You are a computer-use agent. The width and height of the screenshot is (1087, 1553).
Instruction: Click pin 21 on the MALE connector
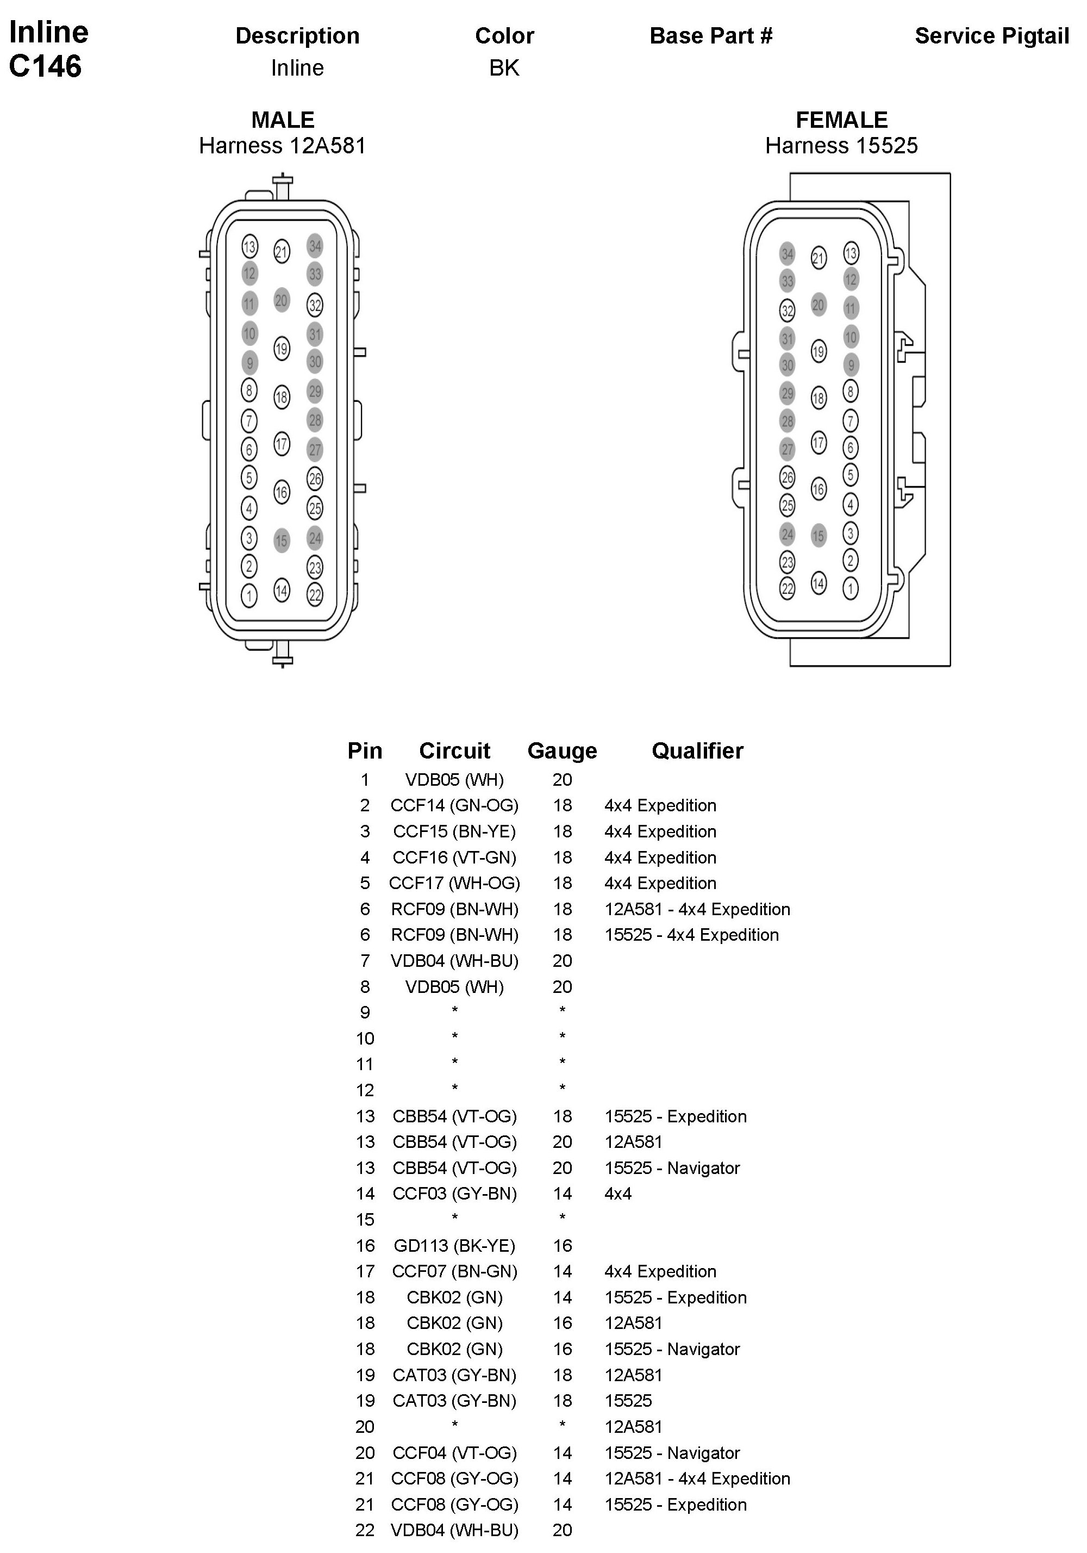(281, 252)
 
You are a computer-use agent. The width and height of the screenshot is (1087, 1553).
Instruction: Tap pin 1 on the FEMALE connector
(851, 588)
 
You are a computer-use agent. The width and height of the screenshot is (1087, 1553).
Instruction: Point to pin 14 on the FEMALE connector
(819, 583)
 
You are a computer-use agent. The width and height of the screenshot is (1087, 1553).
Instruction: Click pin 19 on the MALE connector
(281, 349)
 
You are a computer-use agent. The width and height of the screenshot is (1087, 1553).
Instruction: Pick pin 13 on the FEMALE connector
(851, 253)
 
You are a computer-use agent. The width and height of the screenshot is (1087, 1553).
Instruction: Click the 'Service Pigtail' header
(992, 36)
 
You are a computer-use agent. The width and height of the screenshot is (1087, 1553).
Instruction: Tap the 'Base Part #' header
(710, 36)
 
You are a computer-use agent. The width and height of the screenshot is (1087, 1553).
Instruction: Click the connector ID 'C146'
(45, 66)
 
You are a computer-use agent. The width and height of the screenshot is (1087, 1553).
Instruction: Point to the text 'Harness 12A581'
(282, 145)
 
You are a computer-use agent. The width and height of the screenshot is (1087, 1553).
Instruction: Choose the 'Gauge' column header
(562, 751)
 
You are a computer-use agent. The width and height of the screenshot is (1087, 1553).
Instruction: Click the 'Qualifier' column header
(697, 751)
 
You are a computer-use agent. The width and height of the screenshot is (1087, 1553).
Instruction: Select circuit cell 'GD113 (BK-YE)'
(454, 1245)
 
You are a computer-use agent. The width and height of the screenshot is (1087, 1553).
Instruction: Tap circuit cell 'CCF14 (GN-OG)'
(454, 805)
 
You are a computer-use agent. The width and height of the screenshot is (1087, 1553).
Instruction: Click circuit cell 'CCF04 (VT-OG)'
(454, 1452)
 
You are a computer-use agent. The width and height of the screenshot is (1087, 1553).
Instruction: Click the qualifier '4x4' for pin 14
(618, 1194)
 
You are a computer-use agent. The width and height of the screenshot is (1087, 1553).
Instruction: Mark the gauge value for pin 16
(562, 1245)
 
